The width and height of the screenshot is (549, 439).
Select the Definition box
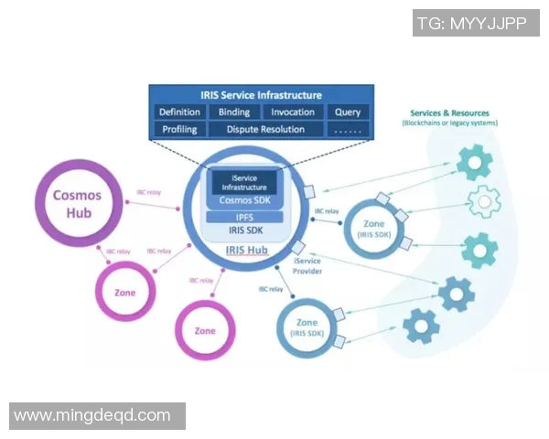pos(179,112)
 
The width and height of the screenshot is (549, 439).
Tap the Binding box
pos(234,112)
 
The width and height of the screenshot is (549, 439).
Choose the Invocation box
pos(293,112)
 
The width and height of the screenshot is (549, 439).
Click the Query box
pos(347,112)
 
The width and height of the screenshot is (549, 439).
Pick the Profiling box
pos(179,130)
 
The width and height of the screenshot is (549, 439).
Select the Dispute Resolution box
pos(265,130)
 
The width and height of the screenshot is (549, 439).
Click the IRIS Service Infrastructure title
pos(261,95)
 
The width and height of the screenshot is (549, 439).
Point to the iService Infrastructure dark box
pos(243,182)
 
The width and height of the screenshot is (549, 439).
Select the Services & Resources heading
pos(449,113)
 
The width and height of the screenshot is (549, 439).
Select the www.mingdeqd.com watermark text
pos(91,415)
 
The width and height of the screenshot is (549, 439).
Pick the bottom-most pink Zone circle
pos(205,330)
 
